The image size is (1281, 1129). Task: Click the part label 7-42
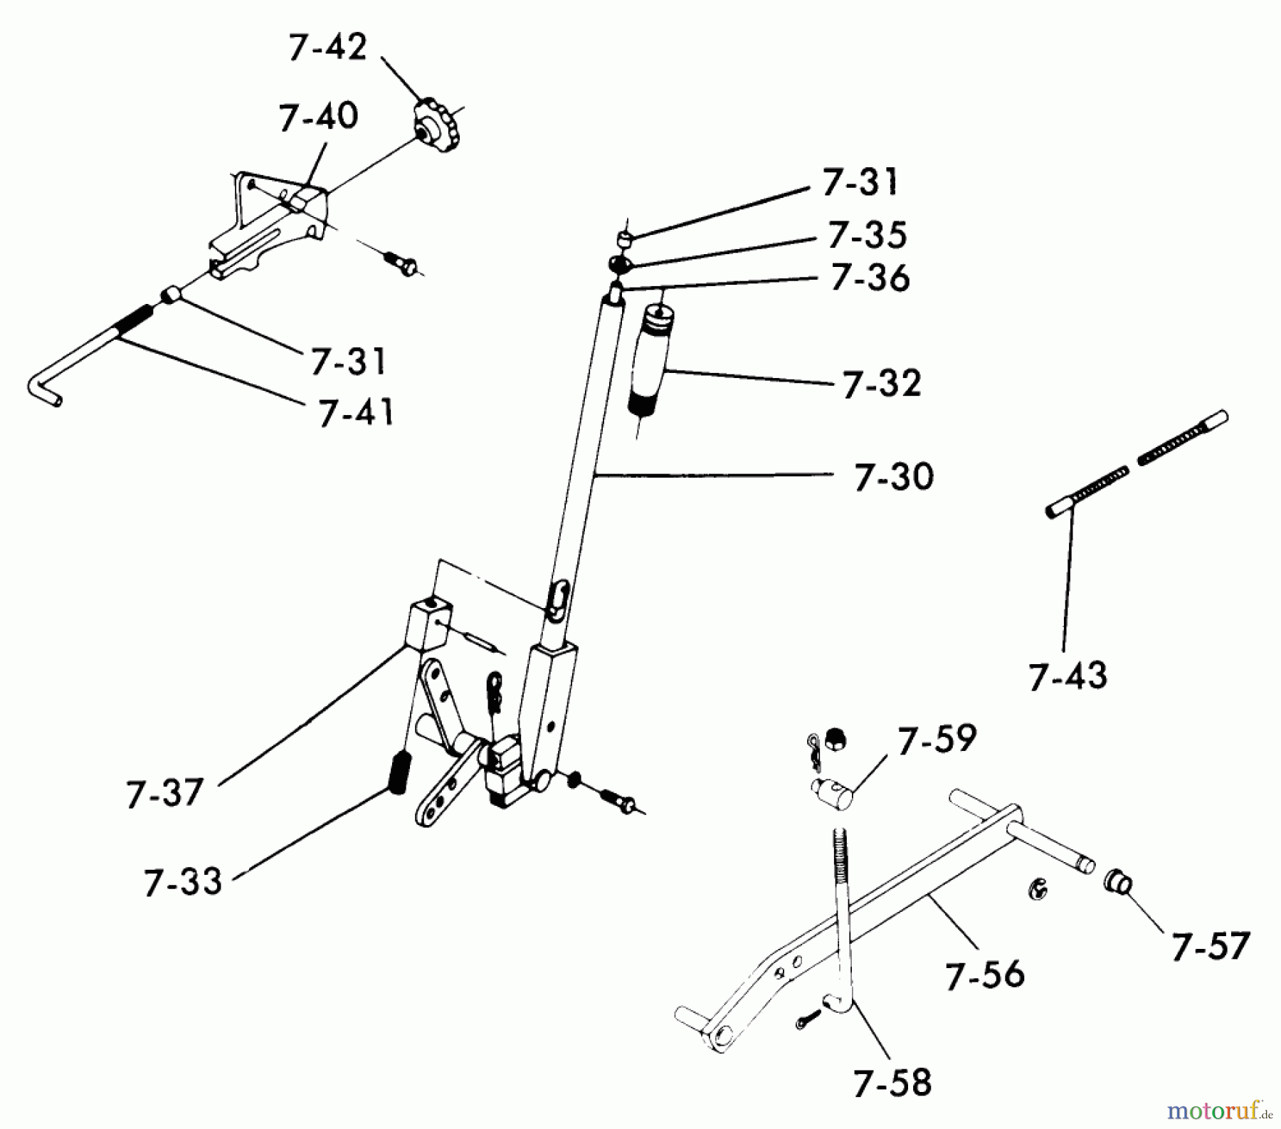[327, 48]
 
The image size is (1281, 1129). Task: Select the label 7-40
[318, 117]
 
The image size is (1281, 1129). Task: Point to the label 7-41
[356, 412]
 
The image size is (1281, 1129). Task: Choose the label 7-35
[867, 235]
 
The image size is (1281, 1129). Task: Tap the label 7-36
[870, 278]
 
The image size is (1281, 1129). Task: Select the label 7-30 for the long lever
[894, 476]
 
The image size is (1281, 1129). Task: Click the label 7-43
[1067, 676]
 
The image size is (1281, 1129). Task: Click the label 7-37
[165, 792]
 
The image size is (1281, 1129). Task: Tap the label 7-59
[937, 741]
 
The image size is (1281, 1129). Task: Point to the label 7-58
[892, 1082]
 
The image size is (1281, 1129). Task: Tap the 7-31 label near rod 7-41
[348, 361]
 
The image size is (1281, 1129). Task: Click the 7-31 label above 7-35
[860, 182]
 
